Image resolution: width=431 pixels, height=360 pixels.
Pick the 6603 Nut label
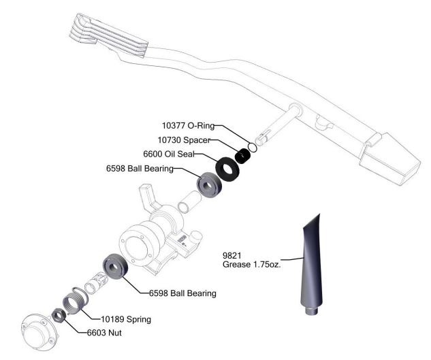(x=105, y=333)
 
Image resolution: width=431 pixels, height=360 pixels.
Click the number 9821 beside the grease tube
(x=234, y=255)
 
